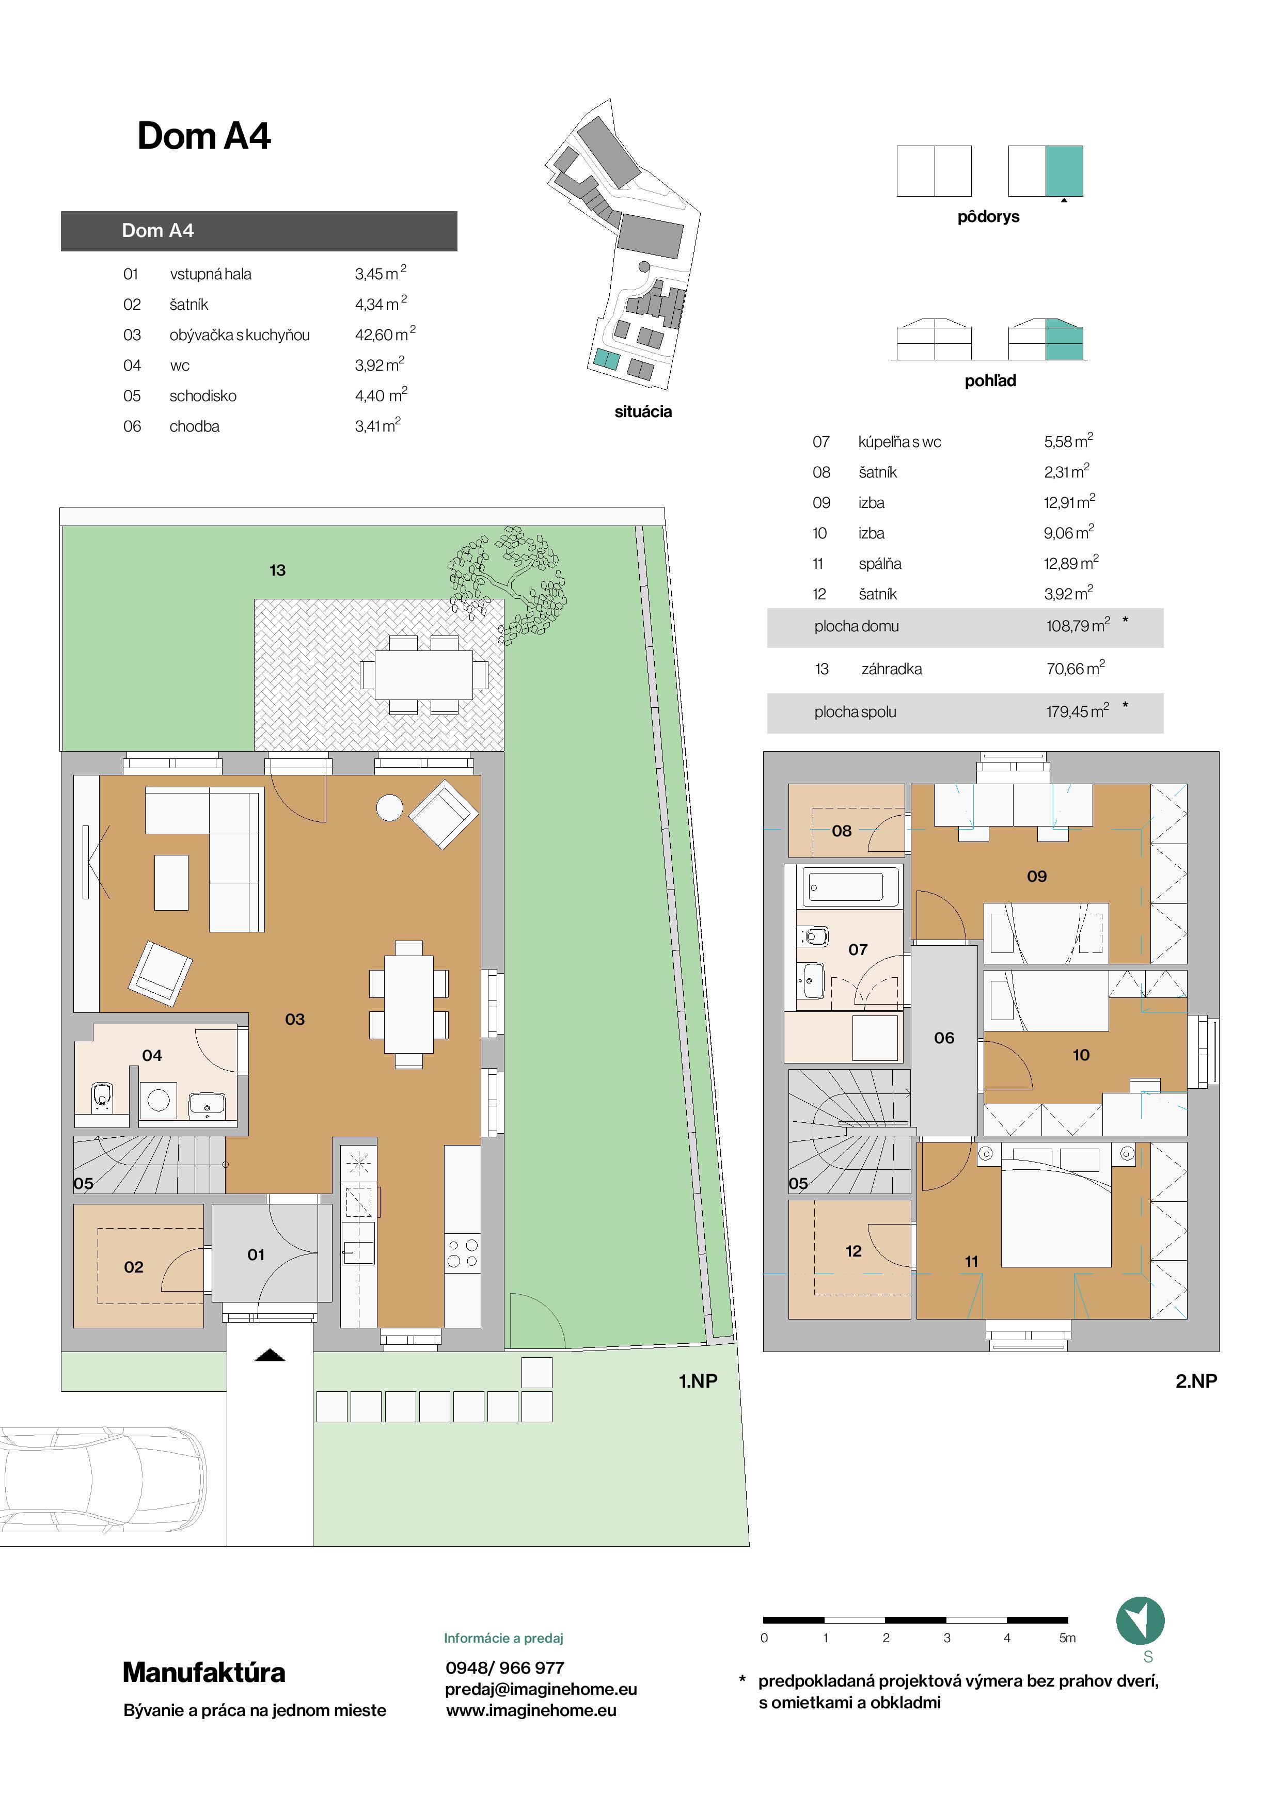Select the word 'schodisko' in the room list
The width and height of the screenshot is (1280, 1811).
[x=203, y=396]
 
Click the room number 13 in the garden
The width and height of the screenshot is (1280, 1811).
[x=277, y=570]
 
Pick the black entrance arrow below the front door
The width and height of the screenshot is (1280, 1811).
[x=270, y=1355]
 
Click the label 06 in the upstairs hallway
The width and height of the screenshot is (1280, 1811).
[x=944, y=1038]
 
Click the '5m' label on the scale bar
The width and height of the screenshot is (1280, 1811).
[x=1067, y=1638]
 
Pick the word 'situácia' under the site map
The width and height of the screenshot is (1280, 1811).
[x=643, y=412]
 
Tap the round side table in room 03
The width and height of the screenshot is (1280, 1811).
[x=390, y=808]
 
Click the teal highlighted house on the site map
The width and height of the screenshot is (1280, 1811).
[x=607, y=360]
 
